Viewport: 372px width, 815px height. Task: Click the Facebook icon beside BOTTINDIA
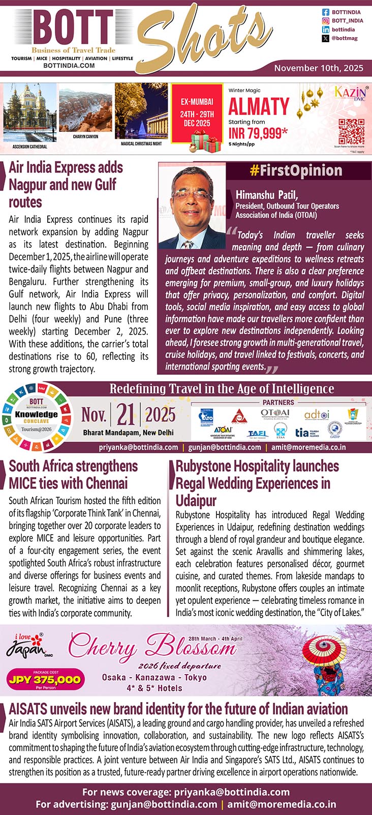326,12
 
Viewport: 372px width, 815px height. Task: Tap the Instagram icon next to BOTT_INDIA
326,21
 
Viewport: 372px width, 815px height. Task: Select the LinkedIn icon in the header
326,30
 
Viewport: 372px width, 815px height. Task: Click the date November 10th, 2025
319,68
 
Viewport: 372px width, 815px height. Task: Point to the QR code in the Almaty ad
351,132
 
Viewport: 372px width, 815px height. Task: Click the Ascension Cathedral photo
29,114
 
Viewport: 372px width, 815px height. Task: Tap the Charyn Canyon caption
85,137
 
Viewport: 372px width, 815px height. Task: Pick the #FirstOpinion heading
295,170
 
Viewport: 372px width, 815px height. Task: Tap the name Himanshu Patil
267,194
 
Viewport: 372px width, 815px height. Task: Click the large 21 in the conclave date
126,415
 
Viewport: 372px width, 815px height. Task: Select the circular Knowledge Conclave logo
36,414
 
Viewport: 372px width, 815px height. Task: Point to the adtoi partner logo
317,415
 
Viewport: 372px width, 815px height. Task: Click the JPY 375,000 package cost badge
45,679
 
